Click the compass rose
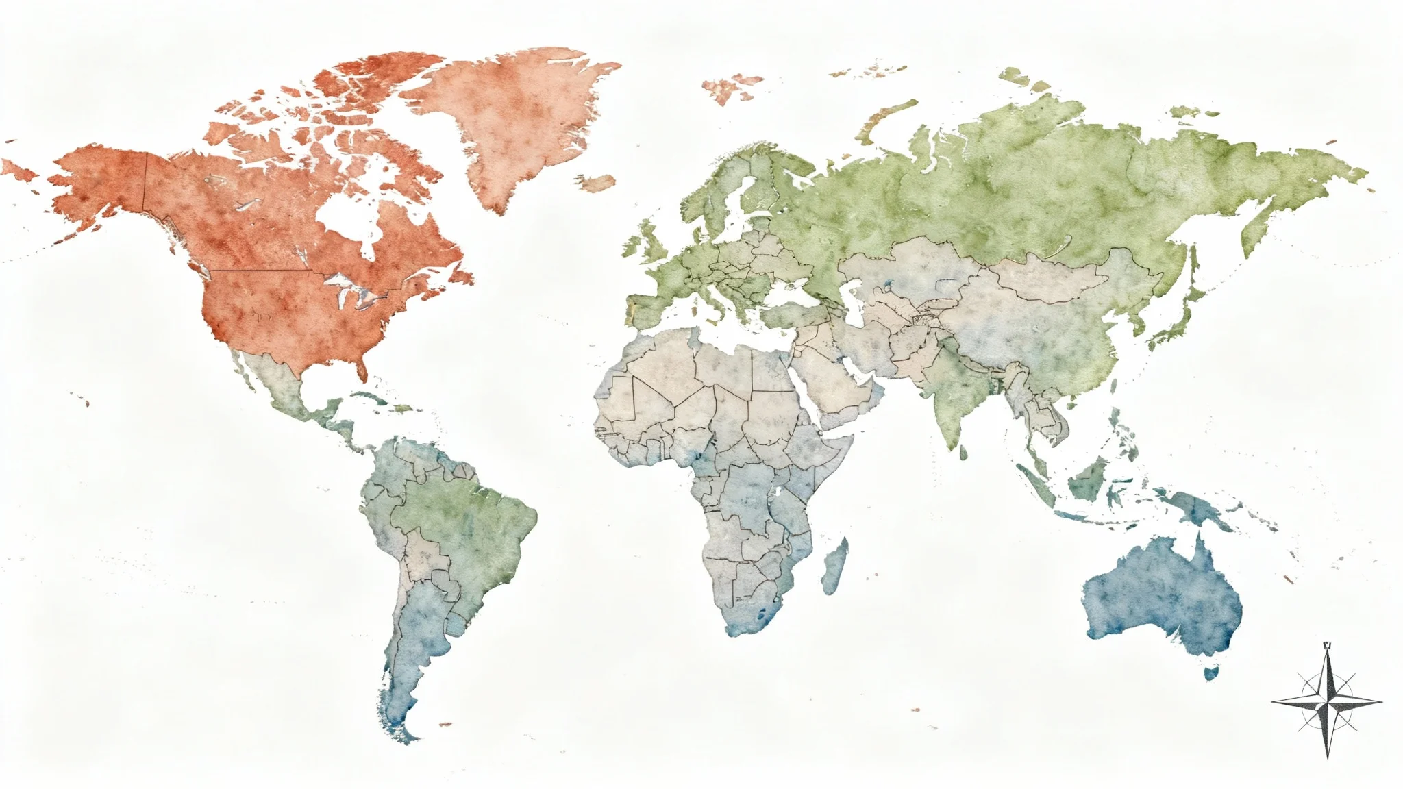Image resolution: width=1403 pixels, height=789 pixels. pyautogui.click(x=1327, y=702)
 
